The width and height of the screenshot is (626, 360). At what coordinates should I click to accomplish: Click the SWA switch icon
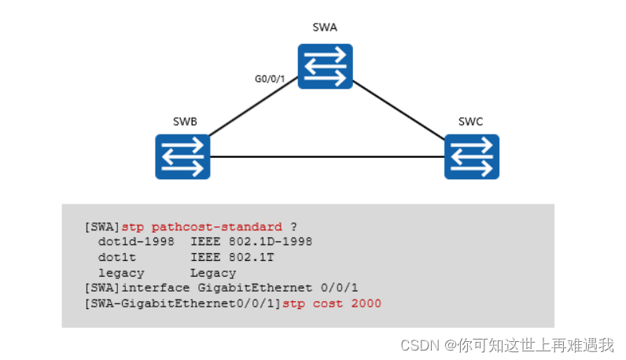[x=325, y=66]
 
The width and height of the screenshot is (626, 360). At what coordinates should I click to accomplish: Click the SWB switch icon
[x=182, y=156]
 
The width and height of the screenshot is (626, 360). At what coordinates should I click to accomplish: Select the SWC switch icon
[x=471, y=156]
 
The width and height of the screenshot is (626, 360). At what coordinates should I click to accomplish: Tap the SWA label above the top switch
[x=324, y=28]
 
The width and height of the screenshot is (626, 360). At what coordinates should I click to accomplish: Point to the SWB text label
[x=185, y=122]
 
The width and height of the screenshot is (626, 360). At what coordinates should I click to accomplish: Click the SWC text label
[x=470, y=122]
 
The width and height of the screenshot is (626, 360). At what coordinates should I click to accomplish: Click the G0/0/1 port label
[x=268, y=79]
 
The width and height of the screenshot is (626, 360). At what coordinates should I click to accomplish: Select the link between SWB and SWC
[x=326, y=157]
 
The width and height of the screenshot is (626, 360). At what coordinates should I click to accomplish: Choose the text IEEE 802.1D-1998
[x=251, y=242]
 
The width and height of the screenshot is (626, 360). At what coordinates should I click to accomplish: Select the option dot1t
[x=116, y=257]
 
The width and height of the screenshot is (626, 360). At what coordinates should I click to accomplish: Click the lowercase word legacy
[x=120, y=273]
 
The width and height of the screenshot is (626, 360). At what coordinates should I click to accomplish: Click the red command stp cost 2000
[x=331, y=303]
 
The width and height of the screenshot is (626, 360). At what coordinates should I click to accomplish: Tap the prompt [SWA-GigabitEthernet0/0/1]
[x=182, y=303]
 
